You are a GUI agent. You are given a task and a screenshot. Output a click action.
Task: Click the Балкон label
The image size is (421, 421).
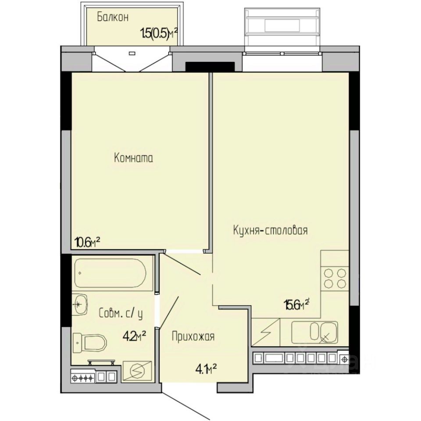point(113,17)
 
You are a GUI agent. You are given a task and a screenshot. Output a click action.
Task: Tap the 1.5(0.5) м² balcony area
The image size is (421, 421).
point(159,34)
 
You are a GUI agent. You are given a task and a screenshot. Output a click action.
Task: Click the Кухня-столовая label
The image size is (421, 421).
point(270,230)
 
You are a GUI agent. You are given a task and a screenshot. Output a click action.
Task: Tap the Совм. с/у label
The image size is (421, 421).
point(121,313)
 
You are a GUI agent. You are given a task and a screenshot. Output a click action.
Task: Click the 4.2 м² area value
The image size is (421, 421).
point(134,335)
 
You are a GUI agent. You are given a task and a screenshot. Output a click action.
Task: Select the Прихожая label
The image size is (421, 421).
point(193,336)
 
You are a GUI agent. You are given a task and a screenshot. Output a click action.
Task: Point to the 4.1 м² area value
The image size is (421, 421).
point(206,370)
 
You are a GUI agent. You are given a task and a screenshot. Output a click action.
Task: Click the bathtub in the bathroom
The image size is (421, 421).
point(110,273)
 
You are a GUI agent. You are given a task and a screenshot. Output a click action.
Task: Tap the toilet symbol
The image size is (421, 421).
point(89,343)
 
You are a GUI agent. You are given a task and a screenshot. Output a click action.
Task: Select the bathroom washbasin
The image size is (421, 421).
point(80,304)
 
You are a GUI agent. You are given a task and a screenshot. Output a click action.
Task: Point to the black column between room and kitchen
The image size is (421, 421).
point(210,67)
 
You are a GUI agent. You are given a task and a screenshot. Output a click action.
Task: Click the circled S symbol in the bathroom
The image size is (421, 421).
point(137,371)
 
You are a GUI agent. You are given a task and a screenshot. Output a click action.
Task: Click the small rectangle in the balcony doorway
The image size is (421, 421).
point(132,53)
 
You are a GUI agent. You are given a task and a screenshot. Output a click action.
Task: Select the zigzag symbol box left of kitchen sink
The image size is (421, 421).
point(266,332)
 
